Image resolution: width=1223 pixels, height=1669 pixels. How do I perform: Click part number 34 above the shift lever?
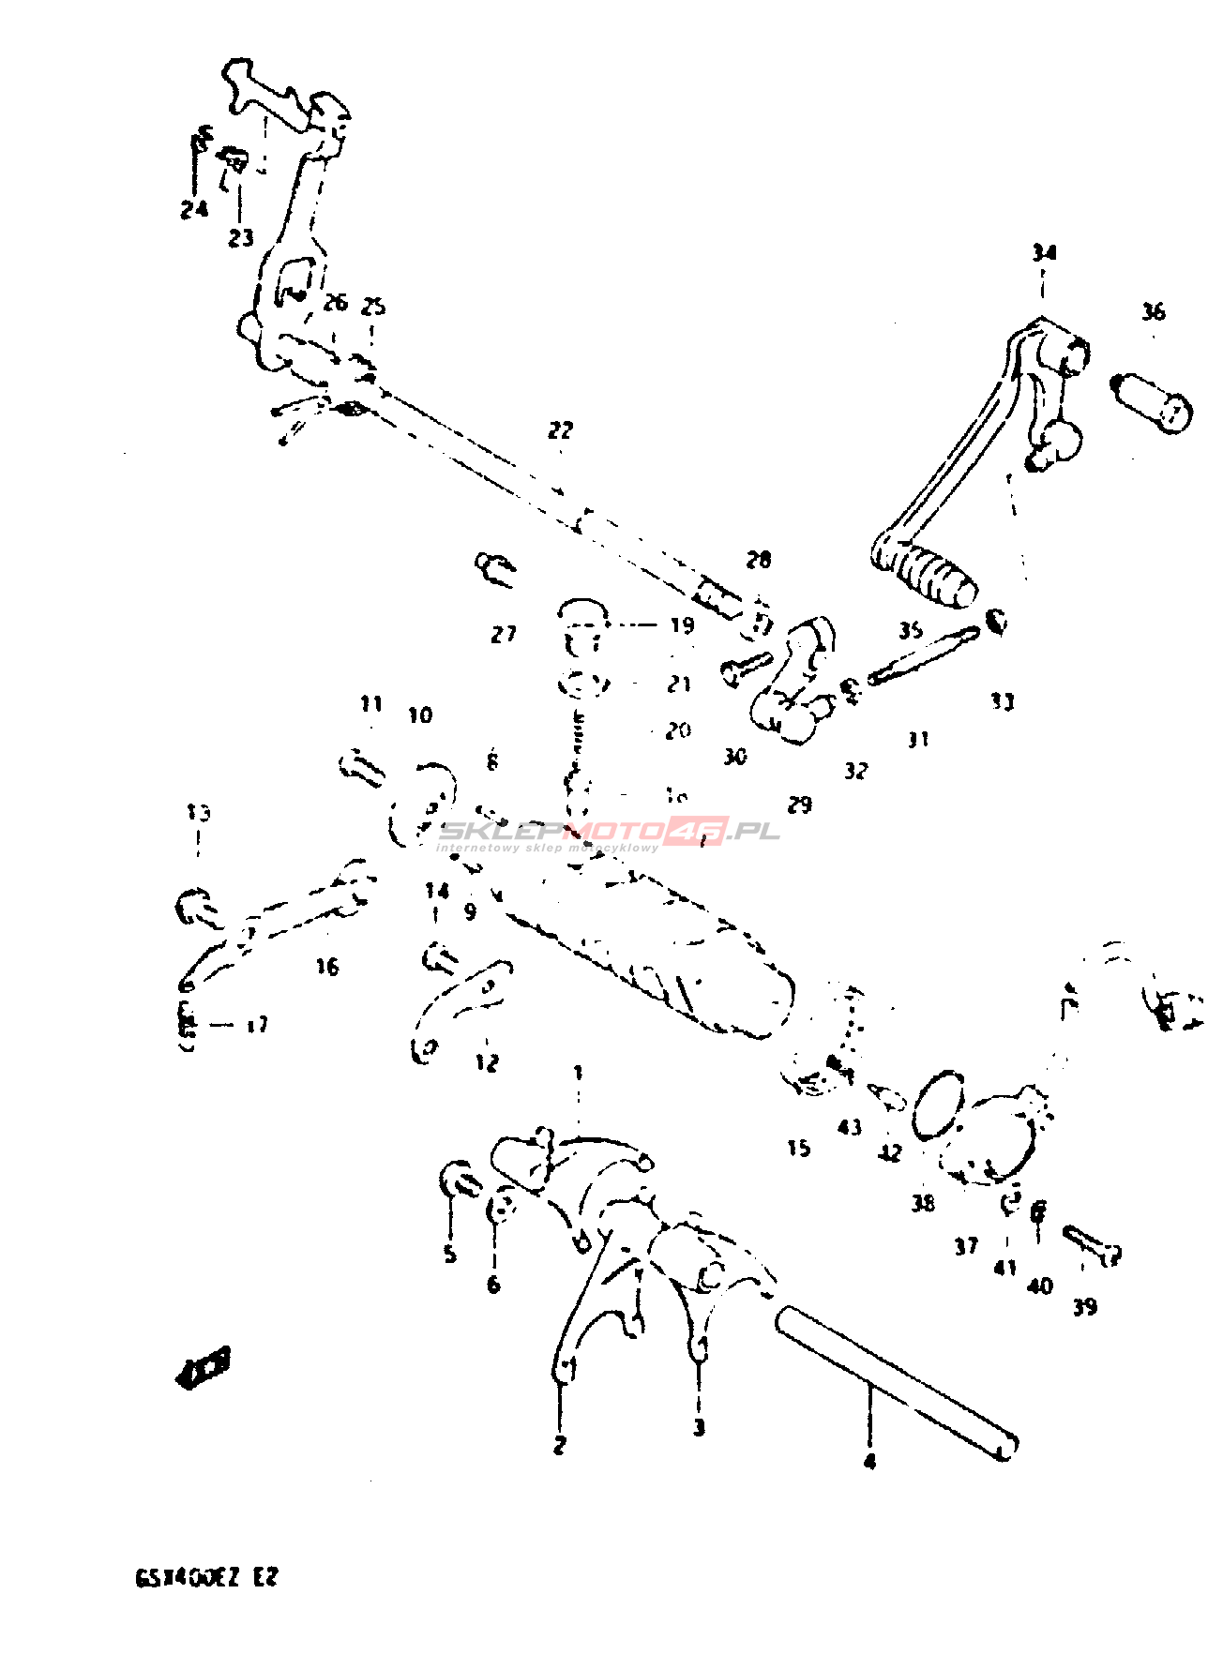[1044, 252]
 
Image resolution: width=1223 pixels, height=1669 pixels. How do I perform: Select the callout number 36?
[1153, 311]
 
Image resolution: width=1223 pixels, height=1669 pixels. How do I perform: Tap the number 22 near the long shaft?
[560, 430]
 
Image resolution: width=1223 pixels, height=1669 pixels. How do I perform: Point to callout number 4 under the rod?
[869, 1461]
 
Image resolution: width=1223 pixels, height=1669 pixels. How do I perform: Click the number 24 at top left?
[194, 209]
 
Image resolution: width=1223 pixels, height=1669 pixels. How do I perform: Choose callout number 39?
[1084, 1306]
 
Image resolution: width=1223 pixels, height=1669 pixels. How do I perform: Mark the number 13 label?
[198, 812]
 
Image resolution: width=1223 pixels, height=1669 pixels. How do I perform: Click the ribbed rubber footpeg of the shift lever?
[934, 574]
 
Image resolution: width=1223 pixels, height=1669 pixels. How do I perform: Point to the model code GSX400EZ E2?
[207, 1577]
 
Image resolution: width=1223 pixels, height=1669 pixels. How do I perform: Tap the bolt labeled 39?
[1094, 1246]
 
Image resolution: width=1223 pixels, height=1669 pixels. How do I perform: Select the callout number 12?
[487, 1062]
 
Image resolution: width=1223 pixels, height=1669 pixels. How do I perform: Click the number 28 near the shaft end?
[758, 560]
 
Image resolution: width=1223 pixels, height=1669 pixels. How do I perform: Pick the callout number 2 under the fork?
[560, 1444]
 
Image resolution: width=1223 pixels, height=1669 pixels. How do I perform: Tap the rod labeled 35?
[923, 656]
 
